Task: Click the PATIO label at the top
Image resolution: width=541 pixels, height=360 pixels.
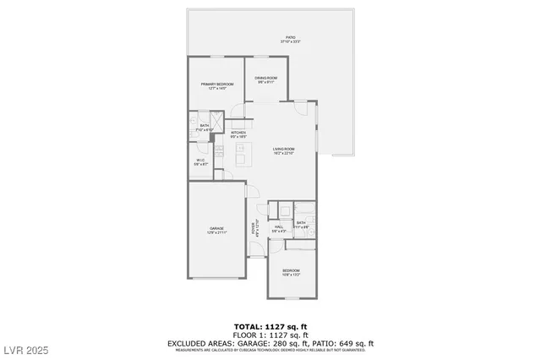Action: (290, 39)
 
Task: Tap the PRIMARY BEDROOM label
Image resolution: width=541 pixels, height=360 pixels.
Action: (217, 85)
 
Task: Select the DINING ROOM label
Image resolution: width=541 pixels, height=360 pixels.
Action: (266, 80)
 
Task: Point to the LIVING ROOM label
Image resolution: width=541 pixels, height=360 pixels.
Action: (284, 150)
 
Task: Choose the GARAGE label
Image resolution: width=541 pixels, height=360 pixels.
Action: (217, 230)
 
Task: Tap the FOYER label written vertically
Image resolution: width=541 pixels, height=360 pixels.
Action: (254, 228)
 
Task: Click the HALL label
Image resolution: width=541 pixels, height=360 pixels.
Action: (278, 227)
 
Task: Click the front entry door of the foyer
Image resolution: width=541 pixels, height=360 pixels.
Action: (256, 250)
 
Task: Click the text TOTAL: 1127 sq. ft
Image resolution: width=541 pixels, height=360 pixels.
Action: (270, 325)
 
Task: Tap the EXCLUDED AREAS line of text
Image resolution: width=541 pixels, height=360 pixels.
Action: (270, 343)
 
